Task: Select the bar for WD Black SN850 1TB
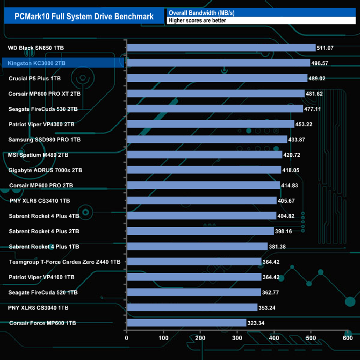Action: pos(221,48)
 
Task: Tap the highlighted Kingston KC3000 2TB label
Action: pos(37,64)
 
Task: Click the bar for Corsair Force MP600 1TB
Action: pos(187,322)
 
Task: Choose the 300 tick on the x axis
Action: pos(238,338)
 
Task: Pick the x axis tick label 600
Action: pos(347,338)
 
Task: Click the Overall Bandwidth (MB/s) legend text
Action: pos(200,12)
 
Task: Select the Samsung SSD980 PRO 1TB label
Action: pos(45,140)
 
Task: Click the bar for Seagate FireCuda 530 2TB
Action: pos(215,109)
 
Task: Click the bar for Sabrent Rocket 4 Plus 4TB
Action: pos(202,216)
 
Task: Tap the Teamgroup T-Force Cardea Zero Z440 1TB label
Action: pos(65,261)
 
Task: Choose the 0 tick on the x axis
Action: pos(127,338)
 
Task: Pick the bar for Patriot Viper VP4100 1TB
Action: pos(194,277)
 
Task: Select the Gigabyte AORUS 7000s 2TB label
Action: pos(45,170)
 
